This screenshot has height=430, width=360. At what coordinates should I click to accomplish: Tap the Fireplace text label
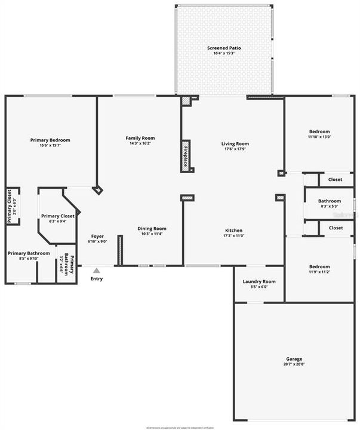186,155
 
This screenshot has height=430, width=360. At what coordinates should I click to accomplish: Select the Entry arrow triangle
96,271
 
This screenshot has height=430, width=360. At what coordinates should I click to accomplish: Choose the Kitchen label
233,231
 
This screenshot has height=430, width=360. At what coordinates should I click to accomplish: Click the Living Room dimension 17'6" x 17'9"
235,149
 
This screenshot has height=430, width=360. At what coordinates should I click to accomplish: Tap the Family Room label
140,138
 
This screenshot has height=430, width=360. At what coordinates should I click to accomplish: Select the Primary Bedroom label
50,140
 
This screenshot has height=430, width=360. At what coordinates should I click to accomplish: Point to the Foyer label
97,236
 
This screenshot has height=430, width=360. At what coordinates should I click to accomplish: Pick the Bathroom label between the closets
330,201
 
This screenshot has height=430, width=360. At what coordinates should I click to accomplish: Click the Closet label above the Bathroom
335,179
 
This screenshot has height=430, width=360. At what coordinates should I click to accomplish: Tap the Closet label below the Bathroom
335,228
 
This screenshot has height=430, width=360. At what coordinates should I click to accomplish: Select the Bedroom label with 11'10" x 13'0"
319,131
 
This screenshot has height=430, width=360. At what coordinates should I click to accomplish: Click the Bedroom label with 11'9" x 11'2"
319,267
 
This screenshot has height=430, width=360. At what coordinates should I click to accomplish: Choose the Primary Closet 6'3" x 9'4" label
57,216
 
